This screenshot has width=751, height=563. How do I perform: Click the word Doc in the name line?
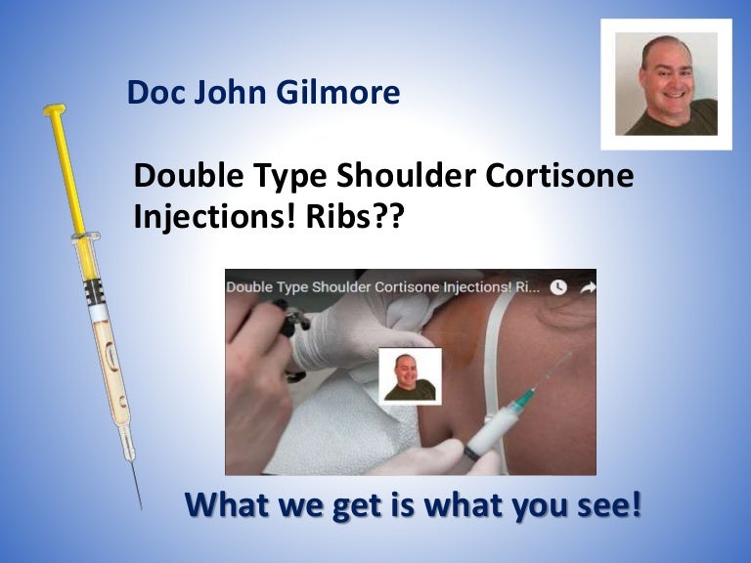[x=153, y=94]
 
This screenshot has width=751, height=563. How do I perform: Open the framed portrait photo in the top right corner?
[x=666, y=84]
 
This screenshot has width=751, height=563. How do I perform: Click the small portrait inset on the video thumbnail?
[x=410, y=374]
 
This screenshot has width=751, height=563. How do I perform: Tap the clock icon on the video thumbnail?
[x=558, y=287]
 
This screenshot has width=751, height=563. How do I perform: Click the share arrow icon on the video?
[x=588, y=287]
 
